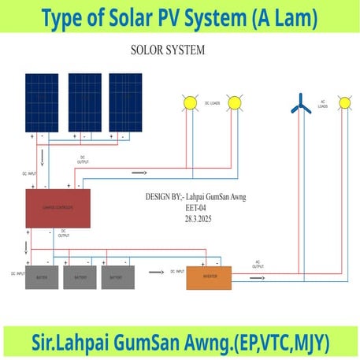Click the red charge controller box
[x=58, y=208]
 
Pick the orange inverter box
[x=209, y=277]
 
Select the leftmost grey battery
[x=41, y=277]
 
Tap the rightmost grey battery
[x=117, y=277]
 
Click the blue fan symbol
[x=299, y=102]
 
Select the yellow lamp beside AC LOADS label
[x=343, y=102]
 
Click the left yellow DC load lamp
[x=189, y=102]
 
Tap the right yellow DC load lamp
[x=234, y=102]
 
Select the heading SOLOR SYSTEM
[x=167, y=50]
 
